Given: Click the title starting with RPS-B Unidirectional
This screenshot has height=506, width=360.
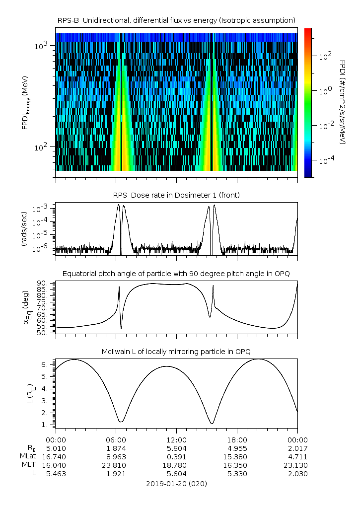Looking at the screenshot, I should point(176,20).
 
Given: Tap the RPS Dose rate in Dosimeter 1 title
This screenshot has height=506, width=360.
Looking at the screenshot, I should point(176,195).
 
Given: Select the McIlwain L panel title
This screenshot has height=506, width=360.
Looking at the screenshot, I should point(176,352).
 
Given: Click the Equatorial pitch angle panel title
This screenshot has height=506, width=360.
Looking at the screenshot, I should point(176,274).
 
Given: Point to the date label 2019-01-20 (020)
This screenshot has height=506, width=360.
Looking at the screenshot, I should point(176,483).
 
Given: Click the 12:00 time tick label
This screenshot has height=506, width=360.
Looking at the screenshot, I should point(176,439).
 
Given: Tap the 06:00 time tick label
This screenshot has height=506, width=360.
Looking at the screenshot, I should point(116,439).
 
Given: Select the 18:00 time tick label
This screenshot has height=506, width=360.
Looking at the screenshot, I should point(237,439).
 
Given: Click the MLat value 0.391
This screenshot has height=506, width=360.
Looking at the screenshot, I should point(176,456).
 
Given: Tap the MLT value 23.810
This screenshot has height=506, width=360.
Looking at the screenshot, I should point(116,465).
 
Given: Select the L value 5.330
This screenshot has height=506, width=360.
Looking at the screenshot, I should point(237,474).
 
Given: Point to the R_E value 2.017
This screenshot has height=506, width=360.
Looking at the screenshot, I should point(297,448).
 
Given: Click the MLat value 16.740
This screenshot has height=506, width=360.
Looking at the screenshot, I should point(56,456).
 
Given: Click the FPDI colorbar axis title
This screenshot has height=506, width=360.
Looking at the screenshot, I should point(343,102).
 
